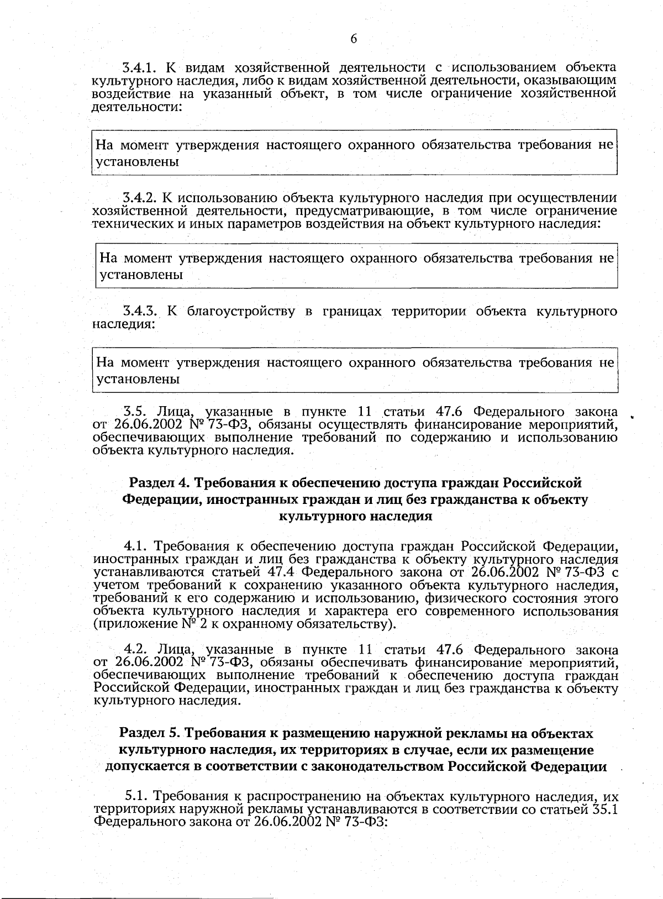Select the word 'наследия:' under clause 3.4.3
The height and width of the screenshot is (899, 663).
pyautogui.click(x=122, y=324)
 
